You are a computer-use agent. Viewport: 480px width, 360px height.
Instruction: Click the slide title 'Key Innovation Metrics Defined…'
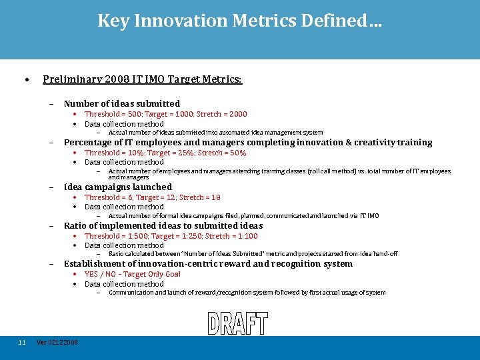240,21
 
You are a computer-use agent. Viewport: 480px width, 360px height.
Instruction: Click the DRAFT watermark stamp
237,323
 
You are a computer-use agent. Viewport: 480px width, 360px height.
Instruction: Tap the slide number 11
22,343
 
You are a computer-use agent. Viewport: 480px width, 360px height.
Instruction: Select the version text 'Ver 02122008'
57,343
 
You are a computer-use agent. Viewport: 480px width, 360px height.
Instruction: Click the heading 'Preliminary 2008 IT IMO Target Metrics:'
142,79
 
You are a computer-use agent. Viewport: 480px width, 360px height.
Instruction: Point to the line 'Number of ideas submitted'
121,103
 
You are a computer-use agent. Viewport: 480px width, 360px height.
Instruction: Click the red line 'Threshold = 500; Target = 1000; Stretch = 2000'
165,114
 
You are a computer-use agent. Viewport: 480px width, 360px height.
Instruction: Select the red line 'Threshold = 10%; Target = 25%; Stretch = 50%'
165,153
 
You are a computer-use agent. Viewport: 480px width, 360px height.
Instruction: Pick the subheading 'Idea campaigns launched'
117,187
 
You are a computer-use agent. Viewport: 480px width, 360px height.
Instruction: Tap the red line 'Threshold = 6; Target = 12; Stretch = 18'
152,197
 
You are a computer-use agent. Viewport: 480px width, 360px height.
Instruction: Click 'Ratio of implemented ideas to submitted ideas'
163,225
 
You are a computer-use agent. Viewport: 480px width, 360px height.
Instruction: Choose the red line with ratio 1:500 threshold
171,236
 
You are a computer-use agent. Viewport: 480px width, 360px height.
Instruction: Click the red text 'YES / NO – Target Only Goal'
133,274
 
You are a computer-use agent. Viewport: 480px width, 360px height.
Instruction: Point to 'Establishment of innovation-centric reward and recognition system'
208,264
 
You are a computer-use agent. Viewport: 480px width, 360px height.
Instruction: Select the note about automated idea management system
215,133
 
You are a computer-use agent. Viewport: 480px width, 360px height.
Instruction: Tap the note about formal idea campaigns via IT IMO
243,216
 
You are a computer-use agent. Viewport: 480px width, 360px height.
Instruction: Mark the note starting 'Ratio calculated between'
253,254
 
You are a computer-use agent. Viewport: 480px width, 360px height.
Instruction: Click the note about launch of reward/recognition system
247,293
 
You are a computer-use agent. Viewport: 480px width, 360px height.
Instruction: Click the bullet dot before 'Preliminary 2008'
25,80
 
